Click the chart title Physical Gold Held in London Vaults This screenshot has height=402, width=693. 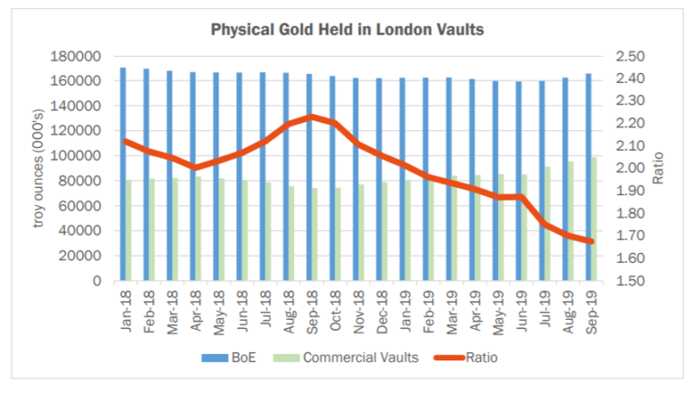pyautogui.click(x=347, y=30)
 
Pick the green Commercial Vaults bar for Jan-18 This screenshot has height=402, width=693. pyautogui.click(x=129, y=230)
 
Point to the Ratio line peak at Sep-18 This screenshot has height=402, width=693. pyautogui.click(x=311, y=117)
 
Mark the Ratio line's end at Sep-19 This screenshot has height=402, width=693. pyautogui.click(x=590, y=241)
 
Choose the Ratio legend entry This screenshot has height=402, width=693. pyautogui.click(x=469, y=358)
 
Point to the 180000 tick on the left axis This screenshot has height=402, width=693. pyautogui.click(x=79, y=56)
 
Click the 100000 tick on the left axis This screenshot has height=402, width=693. pyautogui.click(x=79, y=156)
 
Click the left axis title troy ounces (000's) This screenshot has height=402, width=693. pyautogui.click(x=40, y=168)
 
